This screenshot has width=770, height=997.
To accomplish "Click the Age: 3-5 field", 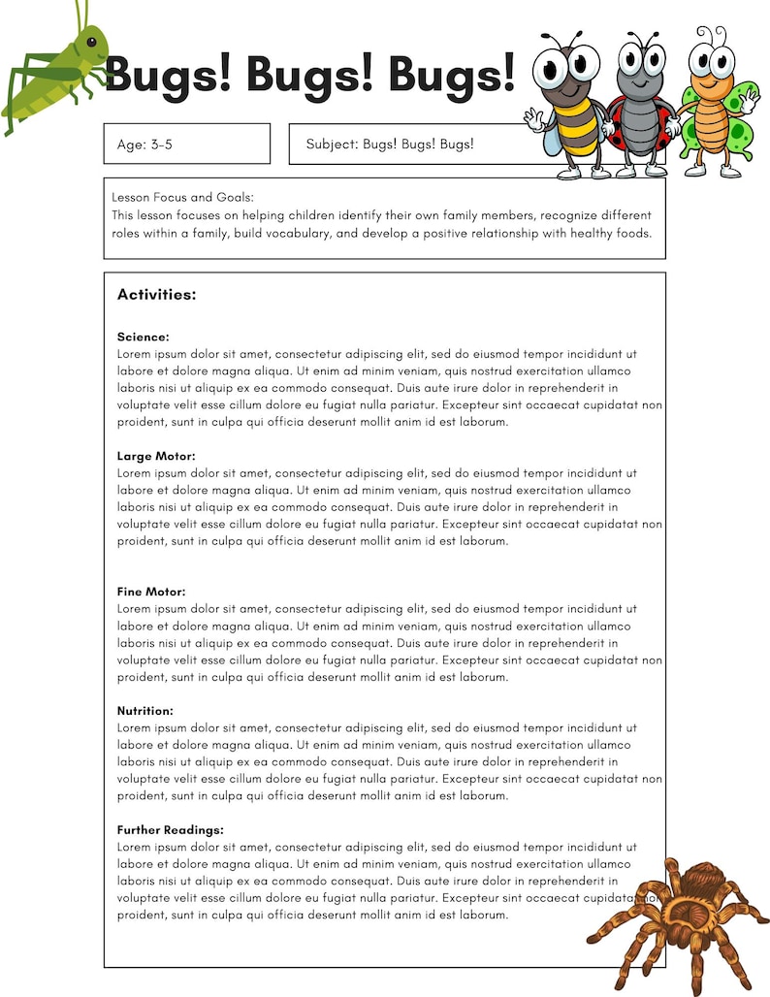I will click(186, 145).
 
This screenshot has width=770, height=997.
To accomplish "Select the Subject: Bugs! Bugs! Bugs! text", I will click(390, 145).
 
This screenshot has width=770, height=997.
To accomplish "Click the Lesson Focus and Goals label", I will click(182, 197).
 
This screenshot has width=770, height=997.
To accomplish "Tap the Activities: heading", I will click(156, 295).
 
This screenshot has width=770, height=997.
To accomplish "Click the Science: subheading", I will click(143, 338).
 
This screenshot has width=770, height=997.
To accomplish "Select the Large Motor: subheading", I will click(156, 456).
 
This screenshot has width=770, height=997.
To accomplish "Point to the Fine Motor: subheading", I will click(151, 592).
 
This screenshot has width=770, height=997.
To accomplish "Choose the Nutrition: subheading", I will click(145, 711).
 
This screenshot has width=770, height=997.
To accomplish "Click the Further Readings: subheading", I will click(171, 830).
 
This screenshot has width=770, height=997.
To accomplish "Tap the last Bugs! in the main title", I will click(452, 75).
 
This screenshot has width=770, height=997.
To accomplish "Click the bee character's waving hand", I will click(532, 119).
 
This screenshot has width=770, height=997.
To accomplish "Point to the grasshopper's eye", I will click(92, 42).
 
